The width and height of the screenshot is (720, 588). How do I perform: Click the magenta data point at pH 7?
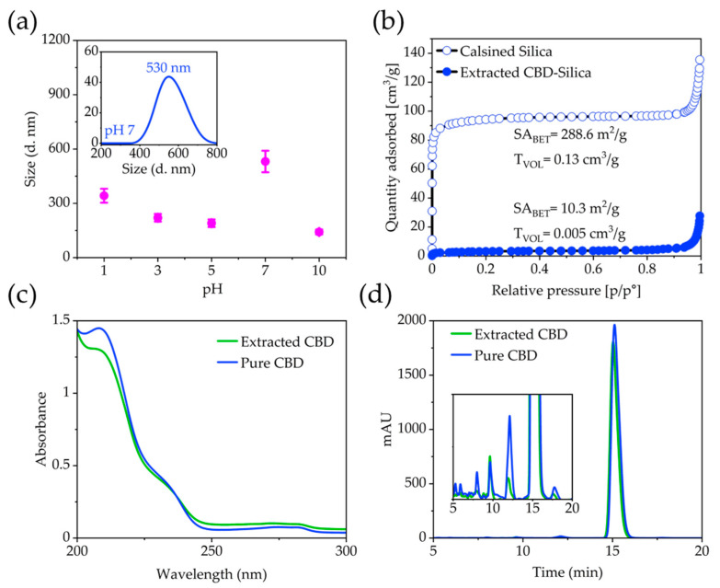tap(265, 161)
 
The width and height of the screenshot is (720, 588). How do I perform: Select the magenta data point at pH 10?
tap(319, 232)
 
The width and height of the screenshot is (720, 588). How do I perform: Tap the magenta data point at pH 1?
tap(104, 196)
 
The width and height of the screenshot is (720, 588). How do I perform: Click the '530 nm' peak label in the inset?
tap(168, 68)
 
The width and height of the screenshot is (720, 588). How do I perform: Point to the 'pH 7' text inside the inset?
tap(120, 131)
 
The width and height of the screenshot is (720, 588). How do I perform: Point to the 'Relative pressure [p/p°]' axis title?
tap(566, 291)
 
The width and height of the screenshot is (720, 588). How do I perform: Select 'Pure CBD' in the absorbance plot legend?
tap(272, 363)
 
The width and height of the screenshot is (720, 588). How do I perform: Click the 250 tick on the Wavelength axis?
tap(211, 551)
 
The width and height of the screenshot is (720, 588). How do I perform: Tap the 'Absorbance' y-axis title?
tap(41, 429)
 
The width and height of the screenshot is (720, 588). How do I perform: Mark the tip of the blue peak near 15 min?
tap(614, 325)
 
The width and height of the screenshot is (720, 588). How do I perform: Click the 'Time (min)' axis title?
tap(567, 572)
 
